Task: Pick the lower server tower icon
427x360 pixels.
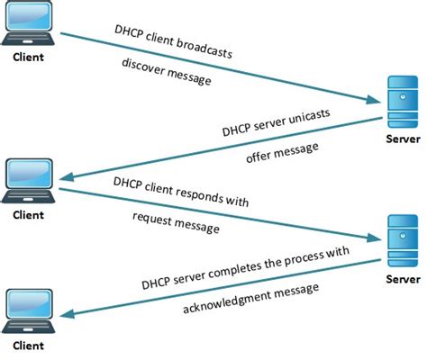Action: (396, 237)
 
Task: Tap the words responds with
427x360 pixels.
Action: (216, 194)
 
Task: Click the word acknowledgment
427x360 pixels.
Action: (227, 298)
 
